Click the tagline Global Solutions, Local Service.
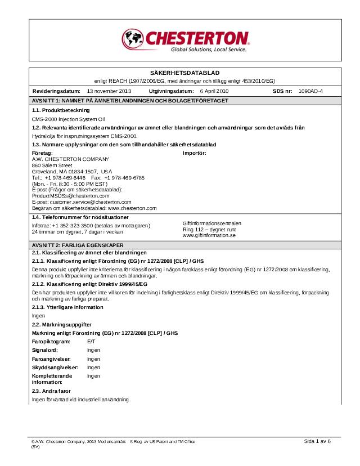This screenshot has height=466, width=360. click(209, 50)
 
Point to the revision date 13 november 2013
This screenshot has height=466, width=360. click(109, 91)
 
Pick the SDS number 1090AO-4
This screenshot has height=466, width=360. click(311, 91)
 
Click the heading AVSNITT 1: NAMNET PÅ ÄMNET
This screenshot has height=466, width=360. click(130, 100)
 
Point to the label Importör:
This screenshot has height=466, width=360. click(195, 153)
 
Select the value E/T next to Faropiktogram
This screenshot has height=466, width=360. click(92, 341)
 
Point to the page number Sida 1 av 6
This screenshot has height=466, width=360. click(318, 441)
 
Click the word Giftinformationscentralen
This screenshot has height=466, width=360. click(212, 223)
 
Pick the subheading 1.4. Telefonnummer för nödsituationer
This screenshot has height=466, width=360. click(80, 217)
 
